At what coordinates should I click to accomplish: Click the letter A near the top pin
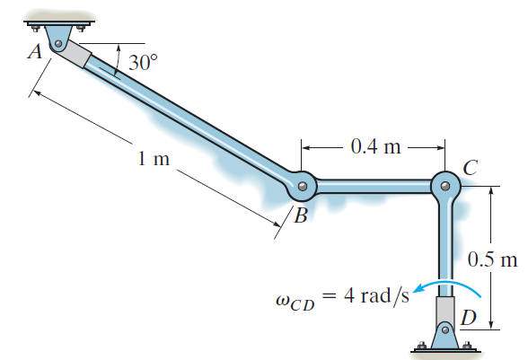[x=35, y=52]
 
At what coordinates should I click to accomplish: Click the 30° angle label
[x=142, y=63]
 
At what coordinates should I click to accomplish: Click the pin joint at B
[x=303, y=187]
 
